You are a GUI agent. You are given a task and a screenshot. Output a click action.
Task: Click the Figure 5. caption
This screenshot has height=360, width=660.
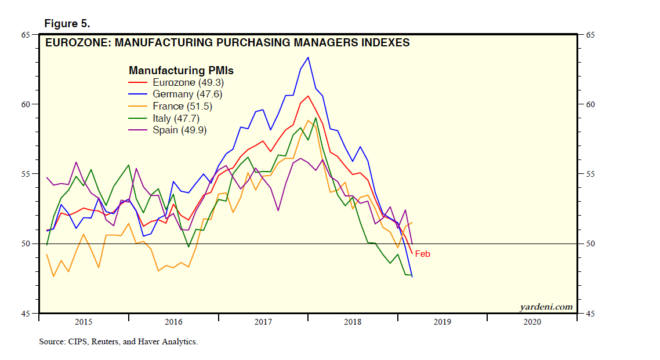67,24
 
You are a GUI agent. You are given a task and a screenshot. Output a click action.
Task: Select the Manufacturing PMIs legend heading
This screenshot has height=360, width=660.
185,70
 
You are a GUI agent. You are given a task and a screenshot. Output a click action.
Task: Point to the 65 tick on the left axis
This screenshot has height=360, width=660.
26,35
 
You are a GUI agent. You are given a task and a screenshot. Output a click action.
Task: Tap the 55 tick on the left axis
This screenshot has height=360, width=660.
26,174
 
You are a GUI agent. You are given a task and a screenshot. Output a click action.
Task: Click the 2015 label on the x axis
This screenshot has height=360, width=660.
84,321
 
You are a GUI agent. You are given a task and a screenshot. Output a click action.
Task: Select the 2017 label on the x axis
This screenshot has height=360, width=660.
263,321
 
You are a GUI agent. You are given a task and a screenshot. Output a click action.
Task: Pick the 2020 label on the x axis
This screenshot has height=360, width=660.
532,321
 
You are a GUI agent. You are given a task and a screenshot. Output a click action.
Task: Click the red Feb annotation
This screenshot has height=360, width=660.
422,254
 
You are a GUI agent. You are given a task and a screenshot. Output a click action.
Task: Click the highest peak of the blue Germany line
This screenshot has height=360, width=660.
308,57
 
